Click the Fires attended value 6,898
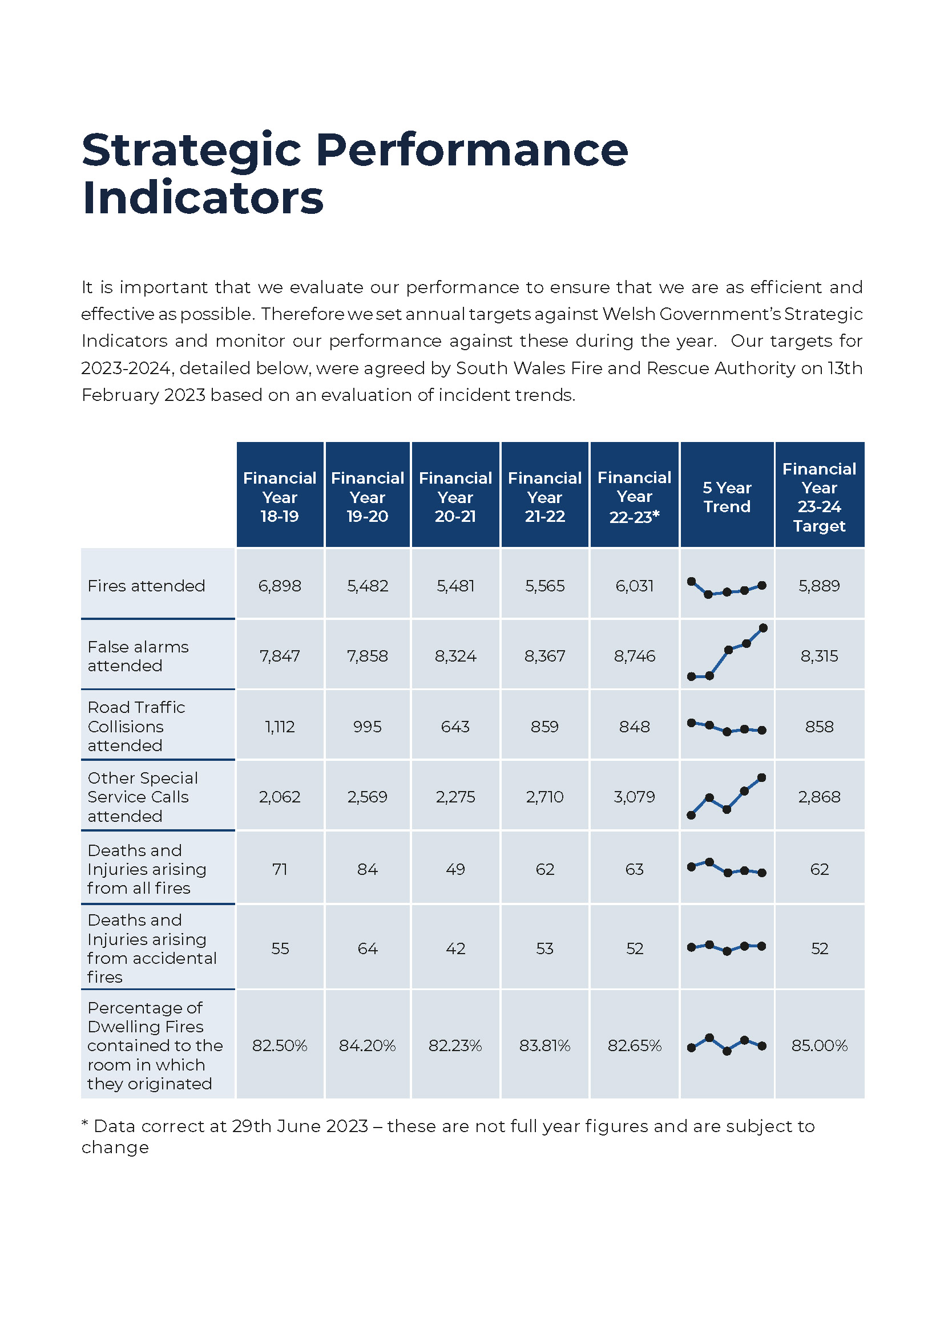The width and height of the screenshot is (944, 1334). click(x=280, y=586)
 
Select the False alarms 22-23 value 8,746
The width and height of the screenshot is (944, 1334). click(x=634, y=656)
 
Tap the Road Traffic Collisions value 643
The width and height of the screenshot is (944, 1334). click(x=455, y=726)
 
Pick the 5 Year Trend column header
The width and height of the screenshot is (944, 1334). click(x=727, y=497)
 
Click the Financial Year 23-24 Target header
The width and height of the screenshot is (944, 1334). click(x=819, y=497)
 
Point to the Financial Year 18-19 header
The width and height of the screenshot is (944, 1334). click(x=280, y=497)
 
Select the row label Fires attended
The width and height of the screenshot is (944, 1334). click(x=146, y=586)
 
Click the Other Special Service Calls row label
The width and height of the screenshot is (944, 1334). click(x=143, y=797)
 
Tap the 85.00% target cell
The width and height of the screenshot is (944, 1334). click(x=819, y=1045)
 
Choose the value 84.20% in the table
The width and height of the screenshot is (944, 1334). click(x=368, y=1045)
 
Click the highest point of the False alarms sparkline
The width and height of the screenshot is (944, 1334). click(x=763, y=627)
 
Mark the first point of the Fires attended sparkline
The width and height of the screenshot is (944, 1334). click(x=691, y=581)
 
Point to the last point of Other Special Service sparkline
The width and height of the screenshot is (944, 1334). click(x=762, y=777)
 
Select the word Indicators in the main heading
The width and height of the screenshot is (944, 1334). click(x=203, y=197)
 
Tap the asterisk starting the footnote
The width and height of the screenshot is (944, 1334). click(x=85, y=1123)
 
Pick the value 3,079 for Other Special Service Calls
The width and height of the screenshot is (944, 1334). click(x=634, y=797)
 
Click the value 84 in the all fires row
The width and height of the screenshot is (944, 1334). click(x=368, y=869)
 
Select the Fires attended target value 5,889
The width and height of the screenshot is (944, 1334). click(x=819, y=586)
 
